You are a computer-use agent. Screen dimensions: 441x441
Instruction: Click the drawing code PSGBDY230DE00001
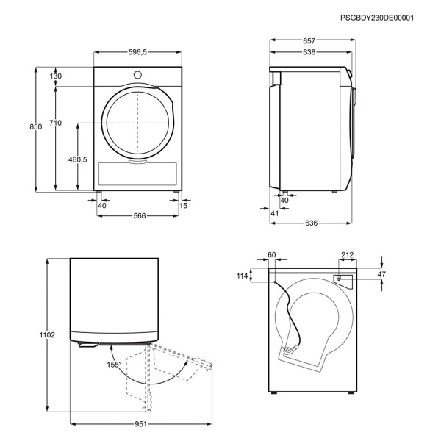point(377,18)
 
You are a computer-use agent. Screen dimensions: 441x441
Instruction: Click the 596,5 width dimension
point(137,52)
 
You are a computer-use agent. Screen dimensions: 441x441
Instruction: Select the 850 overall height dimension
point(36,127)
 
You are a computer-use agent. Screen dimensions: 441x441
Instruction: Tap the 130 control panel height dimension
point(56,76)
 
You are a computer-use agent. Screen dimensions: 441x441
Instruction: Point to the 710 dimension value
point(55,123)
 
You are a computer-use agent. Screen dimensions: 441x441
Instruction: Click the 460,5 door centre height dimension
point(78,159)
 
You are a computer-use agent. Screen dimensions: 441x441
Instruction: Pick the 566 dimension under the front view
point(140,215)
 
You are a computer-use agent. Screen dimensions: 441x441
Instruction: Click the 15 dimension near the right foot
point(183,206)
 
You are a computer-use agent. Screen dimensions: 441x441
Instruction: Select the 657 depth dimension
point(309,41)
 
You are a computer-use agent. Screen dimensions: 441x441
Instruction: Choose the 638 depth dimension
point(309,52)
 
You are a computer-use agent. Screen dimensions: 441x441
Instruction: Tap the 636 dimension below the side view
point(311,223)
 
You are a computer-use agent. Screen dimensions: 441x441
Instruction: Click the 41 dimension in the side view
point(274,213)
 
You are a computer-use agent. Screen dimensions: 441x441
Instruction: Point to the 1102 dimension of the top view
point(47,335)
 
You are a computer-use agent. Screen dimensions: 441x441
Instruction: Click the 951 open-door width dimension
point(140,424)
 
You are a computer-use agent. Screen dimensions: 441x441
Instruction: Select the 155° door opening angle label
point(114,365)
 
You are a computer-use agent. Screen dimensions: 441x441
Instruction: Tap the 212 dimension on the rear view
point(348,255)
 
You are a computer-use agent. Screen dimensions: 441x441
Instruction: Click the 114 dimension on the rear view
point(242,276)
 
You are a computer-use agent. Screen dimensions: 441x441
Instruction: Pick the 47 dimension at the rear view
point(381,274)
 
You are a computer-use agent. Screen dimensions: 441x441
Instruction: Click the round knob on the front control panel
point(137,75)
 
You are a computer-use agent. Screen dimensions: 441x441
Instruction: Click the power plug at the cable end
point(290,350)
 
